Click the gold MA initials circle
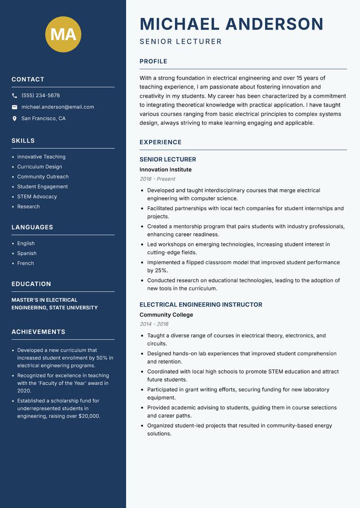pyautogui.click(x=63, y=34)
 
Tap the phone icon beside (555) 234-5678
pyautogui.click(x=14, y=96)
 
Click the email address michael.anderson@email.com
pyautogui.click(x=58, y=107)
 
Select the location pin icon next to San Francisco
pyautogui.click(x=14, y=119)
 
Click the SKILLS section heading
pyautogui.click(x=23, y=141)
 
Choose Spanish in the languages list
pyautogui.click(x=27, y=253)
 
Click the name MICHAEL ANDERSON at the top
pyautogui.click(x=231, y=24)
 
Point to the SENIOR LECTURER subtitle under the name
pyautogui.click(x=180, y=42)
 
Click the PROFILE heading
pyautogui.click(x=153, y=62)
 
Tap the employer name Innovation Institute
pyautogui.click(x=165, y=169)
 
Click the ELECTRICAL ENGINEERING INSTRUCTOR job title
pyautogui.click(x=201, y=305)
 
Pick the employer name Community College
pyautogui.click(x=166, y=315)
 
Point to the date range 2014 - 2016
pyautogui.click(x=153, y=324)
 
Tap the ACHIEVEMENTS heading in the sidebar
pyautogui.click(x=38, y=332)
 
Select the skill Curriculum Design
pyautogui.click(x=40, y=167)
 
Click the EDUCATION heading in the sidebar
pyautogui.click(x=31, y=284)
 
